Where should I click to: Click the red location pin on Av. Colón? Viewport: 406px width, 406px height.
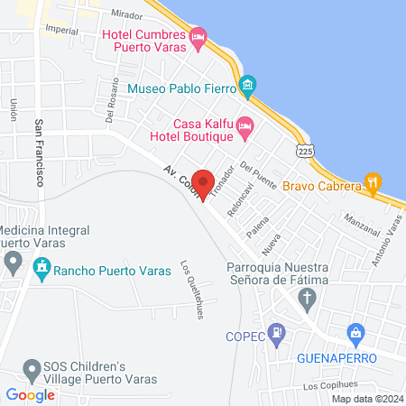coord(203,183)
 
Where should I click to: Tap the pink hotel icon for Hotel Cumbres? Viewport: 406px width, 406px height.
coord(199,36)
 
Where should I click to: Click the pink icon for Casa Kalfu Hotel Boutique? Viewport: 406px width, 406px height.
coord(245,130)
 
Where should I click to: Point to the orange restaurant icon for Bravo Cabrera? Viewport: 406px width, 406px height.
coord(371,184)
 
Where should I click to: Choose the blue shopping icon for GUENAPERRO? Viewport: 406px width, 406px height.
coord(356,334)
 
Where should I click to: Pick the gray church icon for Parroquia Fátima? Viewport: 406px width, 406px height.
coord(257,311)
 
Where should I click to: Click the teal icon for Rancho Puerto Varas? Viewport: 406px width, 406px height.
coord(40,268)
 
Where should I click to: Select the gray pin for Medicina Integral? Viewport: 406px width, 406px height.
coord(13,263)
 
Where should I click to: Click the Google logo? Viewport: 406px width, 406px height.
coord(30,394)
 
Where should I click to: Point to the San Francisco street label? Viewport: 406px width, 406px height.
coord(40,153)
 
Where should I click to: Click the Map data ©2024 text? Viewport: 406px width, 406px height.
coord(365,399)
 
